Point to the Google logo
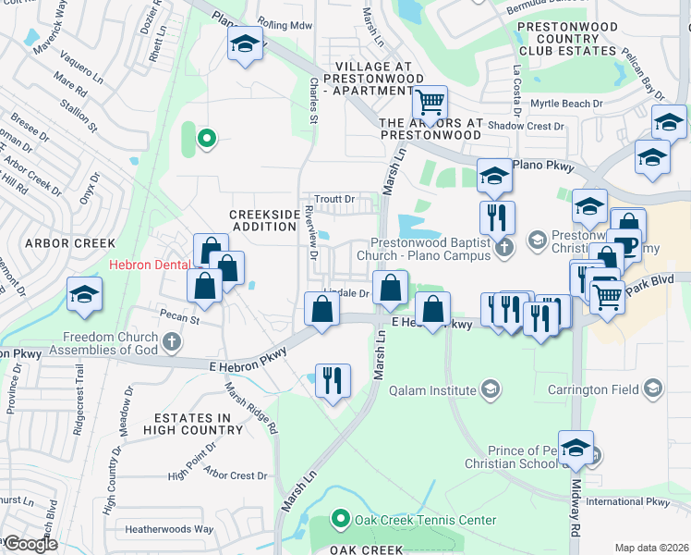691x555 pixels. pyautogui.click(x=30, y=544)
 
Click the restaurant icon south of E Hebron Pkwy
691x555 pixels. pyautogui.click(x=333, y=379)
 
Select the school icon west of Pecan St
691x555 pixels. pyautogui.click(x=84, y=294)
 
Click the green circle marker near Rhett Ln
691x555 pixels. pyautogui.click(x=207, y=140)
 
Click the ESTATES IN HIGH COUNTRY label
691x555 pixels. pyautogui.click(x=186, y=424)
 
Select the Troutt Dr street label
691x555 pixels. pyautogui.click(x=334, y=199)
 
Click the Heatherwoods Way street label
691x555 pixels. pyautogui.click(x=171, y=530)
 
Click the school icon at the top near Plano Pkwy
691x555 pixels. pyautogui.click(x=245, y=44)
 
